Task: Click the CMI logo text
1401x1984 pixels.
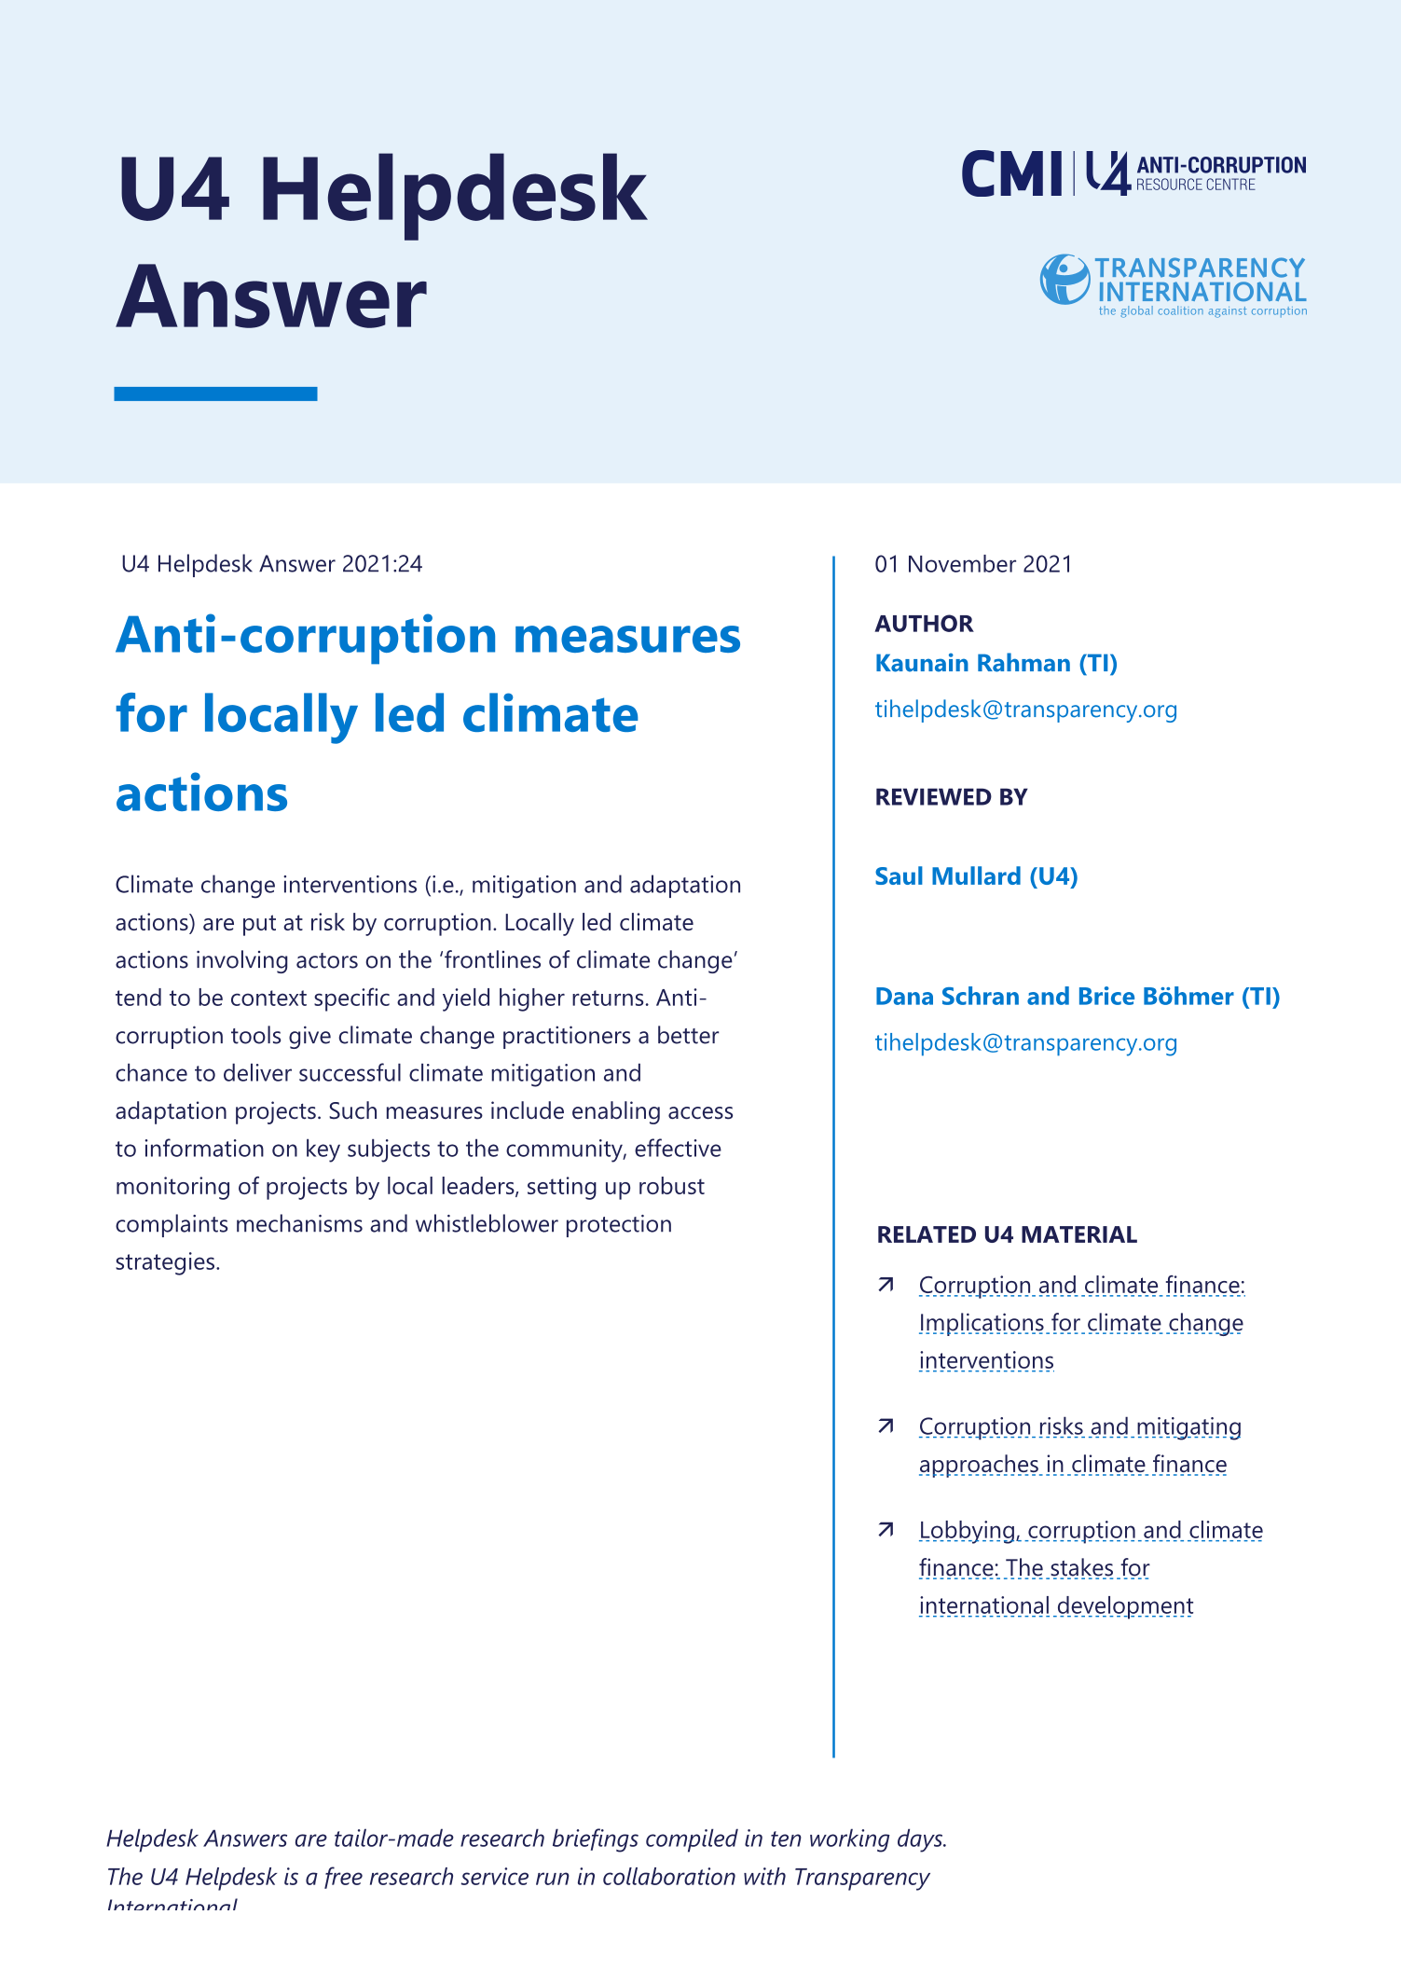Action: [x=1011, y=174]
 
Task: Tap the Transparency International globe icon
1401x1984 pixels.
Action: [x=1064, y=280]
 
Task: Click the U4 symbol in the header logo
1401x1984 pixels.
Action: [x=1107, y=174]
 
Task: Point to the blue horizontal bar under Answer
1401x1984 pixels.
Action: [x=215, y=393]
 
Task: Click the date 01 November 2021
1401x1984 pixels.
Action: [x=973, y=564]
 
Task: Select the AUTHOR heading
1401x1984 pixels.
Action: [x=924, y=624]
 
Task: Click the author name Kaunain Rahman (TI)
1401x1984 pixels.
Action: [x=996, y=663]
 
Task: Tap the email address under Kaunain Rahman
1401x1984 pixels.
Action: [x=1025, y=710]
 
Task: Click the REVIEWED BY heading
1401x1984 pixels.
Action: [x=951, y=797]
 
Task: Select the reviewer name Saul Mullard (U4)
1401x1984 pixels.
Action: [x=976, y=876]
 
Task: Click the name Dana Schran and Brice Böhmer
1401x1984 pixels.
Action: [x=1077, y=997]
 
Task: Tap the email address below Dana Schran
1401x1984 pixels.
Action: [x=1025, y=1042]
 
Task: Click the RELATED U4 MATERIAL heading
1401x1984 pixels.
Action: [x=1007, y=1234]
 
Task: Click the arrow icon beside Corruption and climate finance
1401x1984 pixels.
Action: [x=886, y=1286]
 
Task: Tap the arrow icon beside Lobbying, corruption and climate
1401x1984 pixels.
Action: [x=886, y=1530]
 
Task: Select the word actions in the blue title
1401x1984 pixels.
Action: [x=202, y=794]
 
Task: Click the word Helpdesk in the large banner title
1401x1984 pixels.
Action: [x=452, y=190]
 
